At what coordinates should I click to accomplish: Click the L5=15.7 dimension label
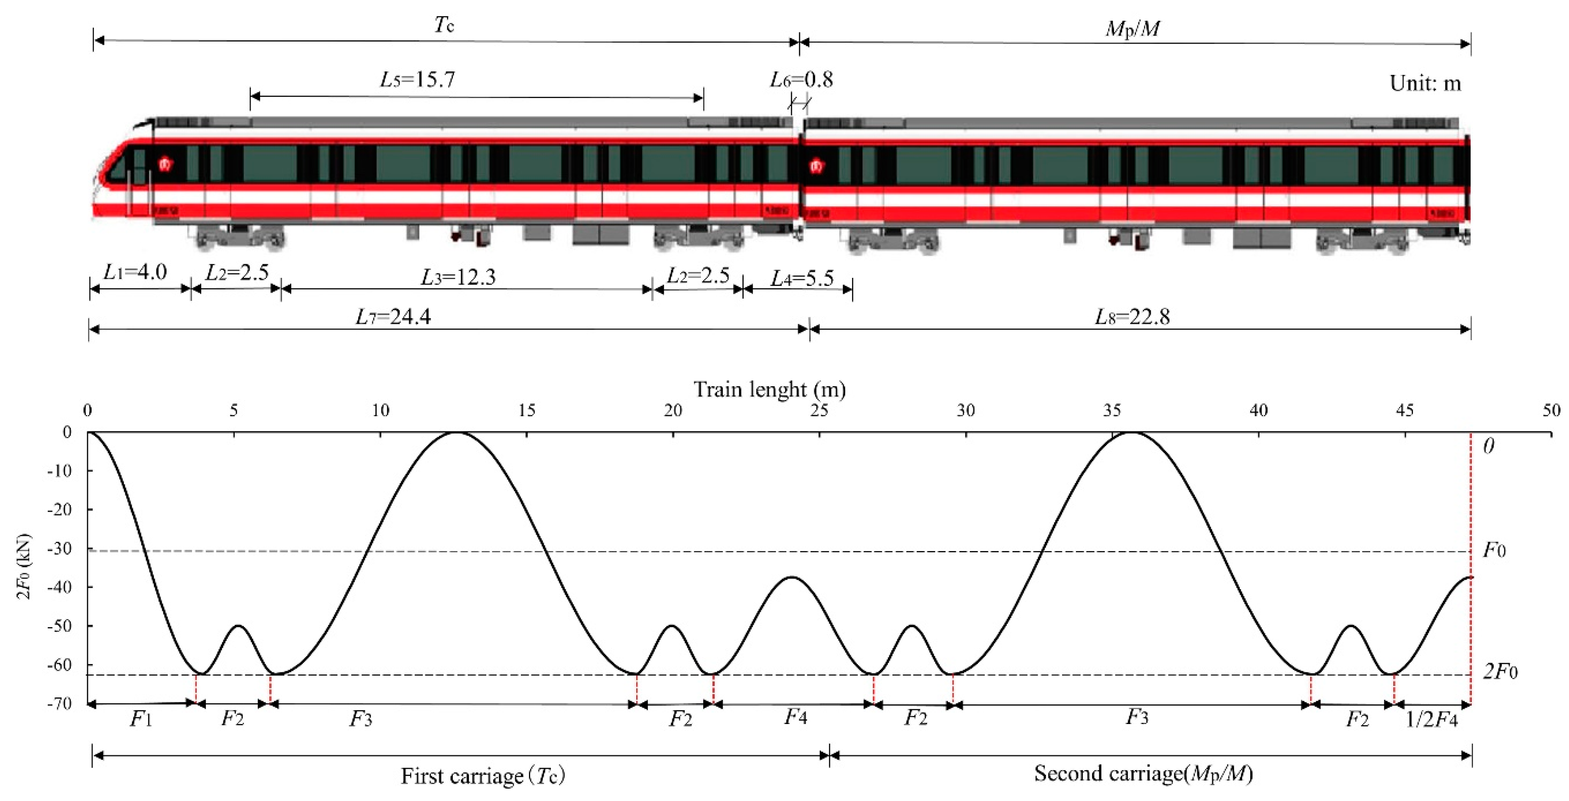(x=417, y=80)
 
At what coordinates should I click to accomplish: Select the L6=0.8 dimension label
(x=801, y=80)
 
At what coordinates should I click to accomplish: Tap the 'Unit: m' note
(x=1425, y=83)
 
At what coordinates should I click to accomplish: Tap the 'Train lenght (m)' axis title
(x=769, y=389)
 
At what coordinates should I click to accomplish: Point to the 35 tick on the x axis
(x=1112, y=411)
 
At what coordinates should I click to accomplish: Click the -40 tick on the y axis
(x=60, y=587)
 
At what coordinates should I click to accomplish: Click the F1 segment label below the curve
(x=141, y=719)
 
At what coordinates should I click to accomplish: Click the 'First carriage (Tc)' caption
(x=483, y=776)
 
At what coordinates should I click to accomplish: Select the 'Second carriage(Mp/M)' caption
(x=1143, y=774)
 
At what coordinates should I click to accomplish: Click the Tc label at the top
(x=444, y=25)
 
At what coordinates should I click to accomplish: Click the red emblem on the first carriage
(x=165, y=165)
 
